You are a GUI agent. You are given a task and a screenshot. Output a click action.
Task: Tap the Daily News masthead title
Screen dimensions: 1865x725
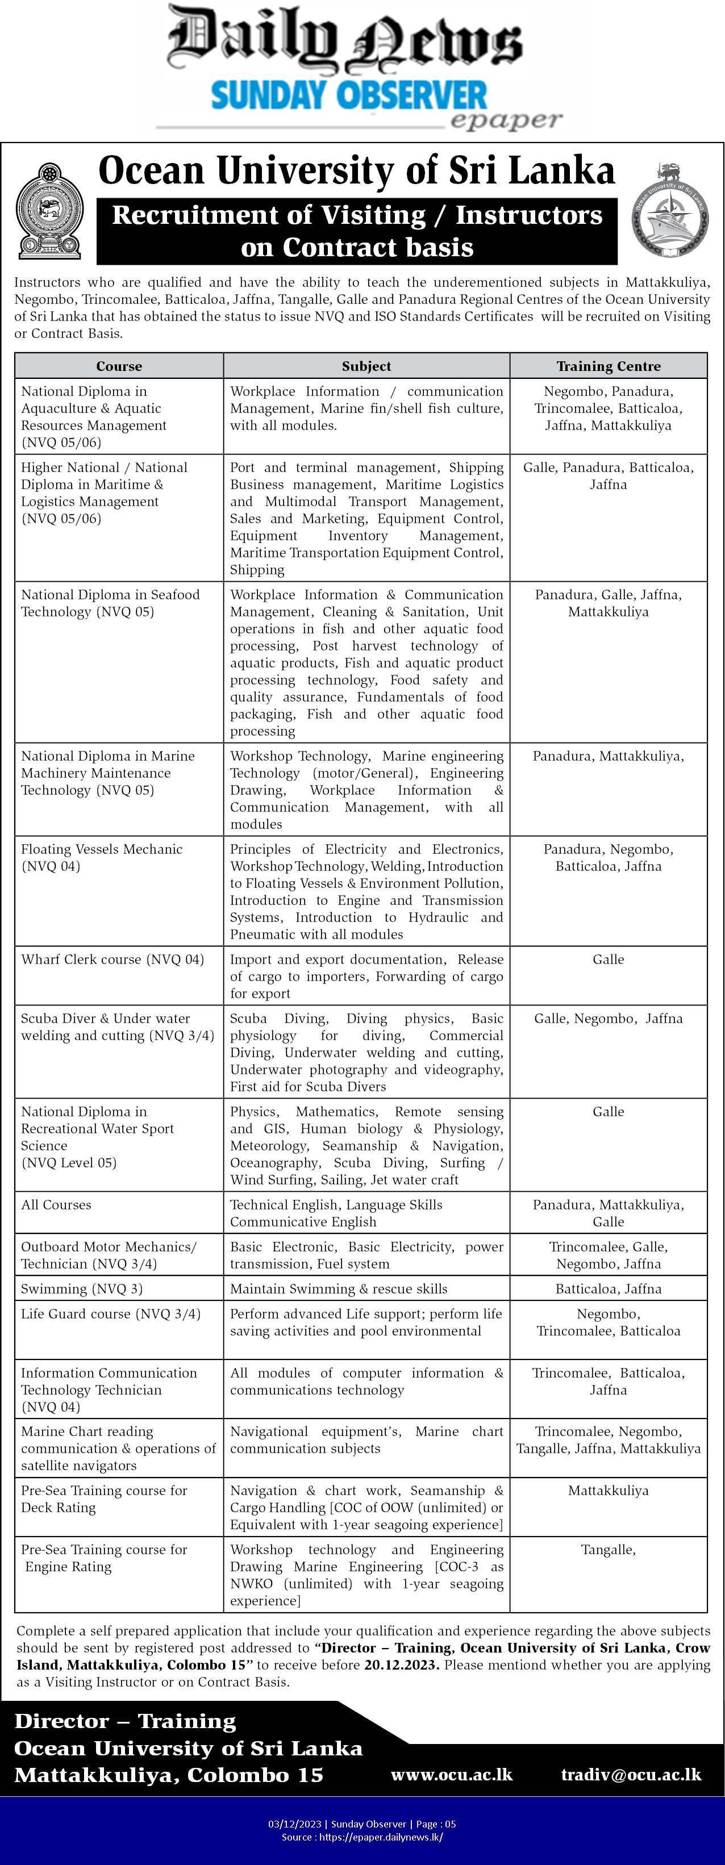tap(345, 40)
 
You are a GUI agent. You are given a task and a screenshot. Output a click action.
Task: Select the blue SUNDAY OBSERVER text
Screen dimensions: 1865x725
tap(348, 95)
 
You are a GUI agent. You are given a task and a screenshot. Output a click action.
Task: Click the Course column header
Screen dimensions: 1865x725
tap(119, 366)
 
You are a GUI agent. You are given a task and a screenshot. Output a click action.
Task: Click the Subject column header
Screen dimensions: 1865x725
tap(366, 366)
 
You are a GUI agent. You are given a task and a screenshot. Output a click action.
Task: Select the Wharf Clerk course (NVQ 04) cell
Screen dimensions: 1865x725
tap(113, 959)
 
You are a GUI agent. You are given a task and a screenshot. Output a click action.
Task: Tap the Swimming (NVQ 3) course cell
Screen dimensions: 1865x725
tap(82, 1289)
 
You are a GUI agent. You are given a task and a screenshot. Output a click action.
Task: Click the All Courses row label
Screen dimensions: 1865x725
tap(56, 1205)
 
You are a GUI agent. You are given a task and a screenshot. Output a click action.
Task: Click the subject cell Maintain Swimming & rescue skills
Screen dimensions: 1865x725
tap(338, 1289)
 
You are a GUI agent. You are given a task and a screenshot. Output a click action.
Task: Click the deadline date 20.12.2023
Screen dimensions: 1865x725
tap(401, 1664)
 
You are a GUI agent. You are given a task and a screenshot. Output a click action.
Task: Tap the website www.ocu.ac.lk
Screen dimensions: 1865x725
tap(451, 1775)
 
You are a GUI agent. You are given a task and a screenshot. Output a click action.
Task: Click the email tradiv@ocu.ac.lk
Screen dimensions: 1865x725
tap(630, 1775)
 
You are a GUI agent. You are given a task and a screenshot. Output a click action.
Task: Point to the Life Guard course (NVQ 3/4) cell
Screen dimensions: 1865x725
tap(111, 1313)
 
